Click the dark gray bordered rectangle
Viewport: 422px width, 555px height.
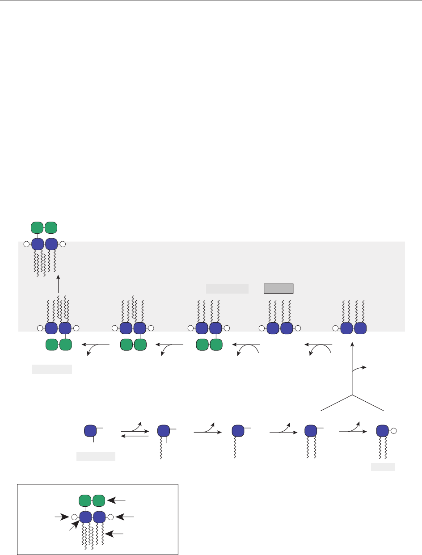278,288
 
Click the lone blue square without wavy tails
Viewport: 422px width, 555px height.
91,431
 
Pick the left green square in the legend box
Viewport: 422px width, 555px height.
85,500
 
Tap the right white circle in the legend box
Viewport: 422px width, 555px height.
110,517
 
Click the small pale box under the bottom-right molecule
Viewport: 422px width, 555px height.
383,467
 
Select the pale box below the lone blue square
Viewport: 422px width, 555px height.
96,456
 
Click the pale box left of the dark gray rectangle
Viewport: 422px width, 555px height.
227,288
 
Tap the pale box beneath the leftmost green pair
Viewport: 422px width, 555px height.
52,369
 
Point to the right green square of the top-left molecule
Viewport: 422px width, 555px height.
51,227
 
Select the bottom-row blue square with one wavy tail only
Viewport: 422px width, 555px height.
238,431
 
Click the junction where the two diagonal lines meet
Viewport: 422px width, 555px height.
353,395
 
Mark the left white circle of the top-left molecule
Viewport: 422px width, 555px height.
27,244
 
